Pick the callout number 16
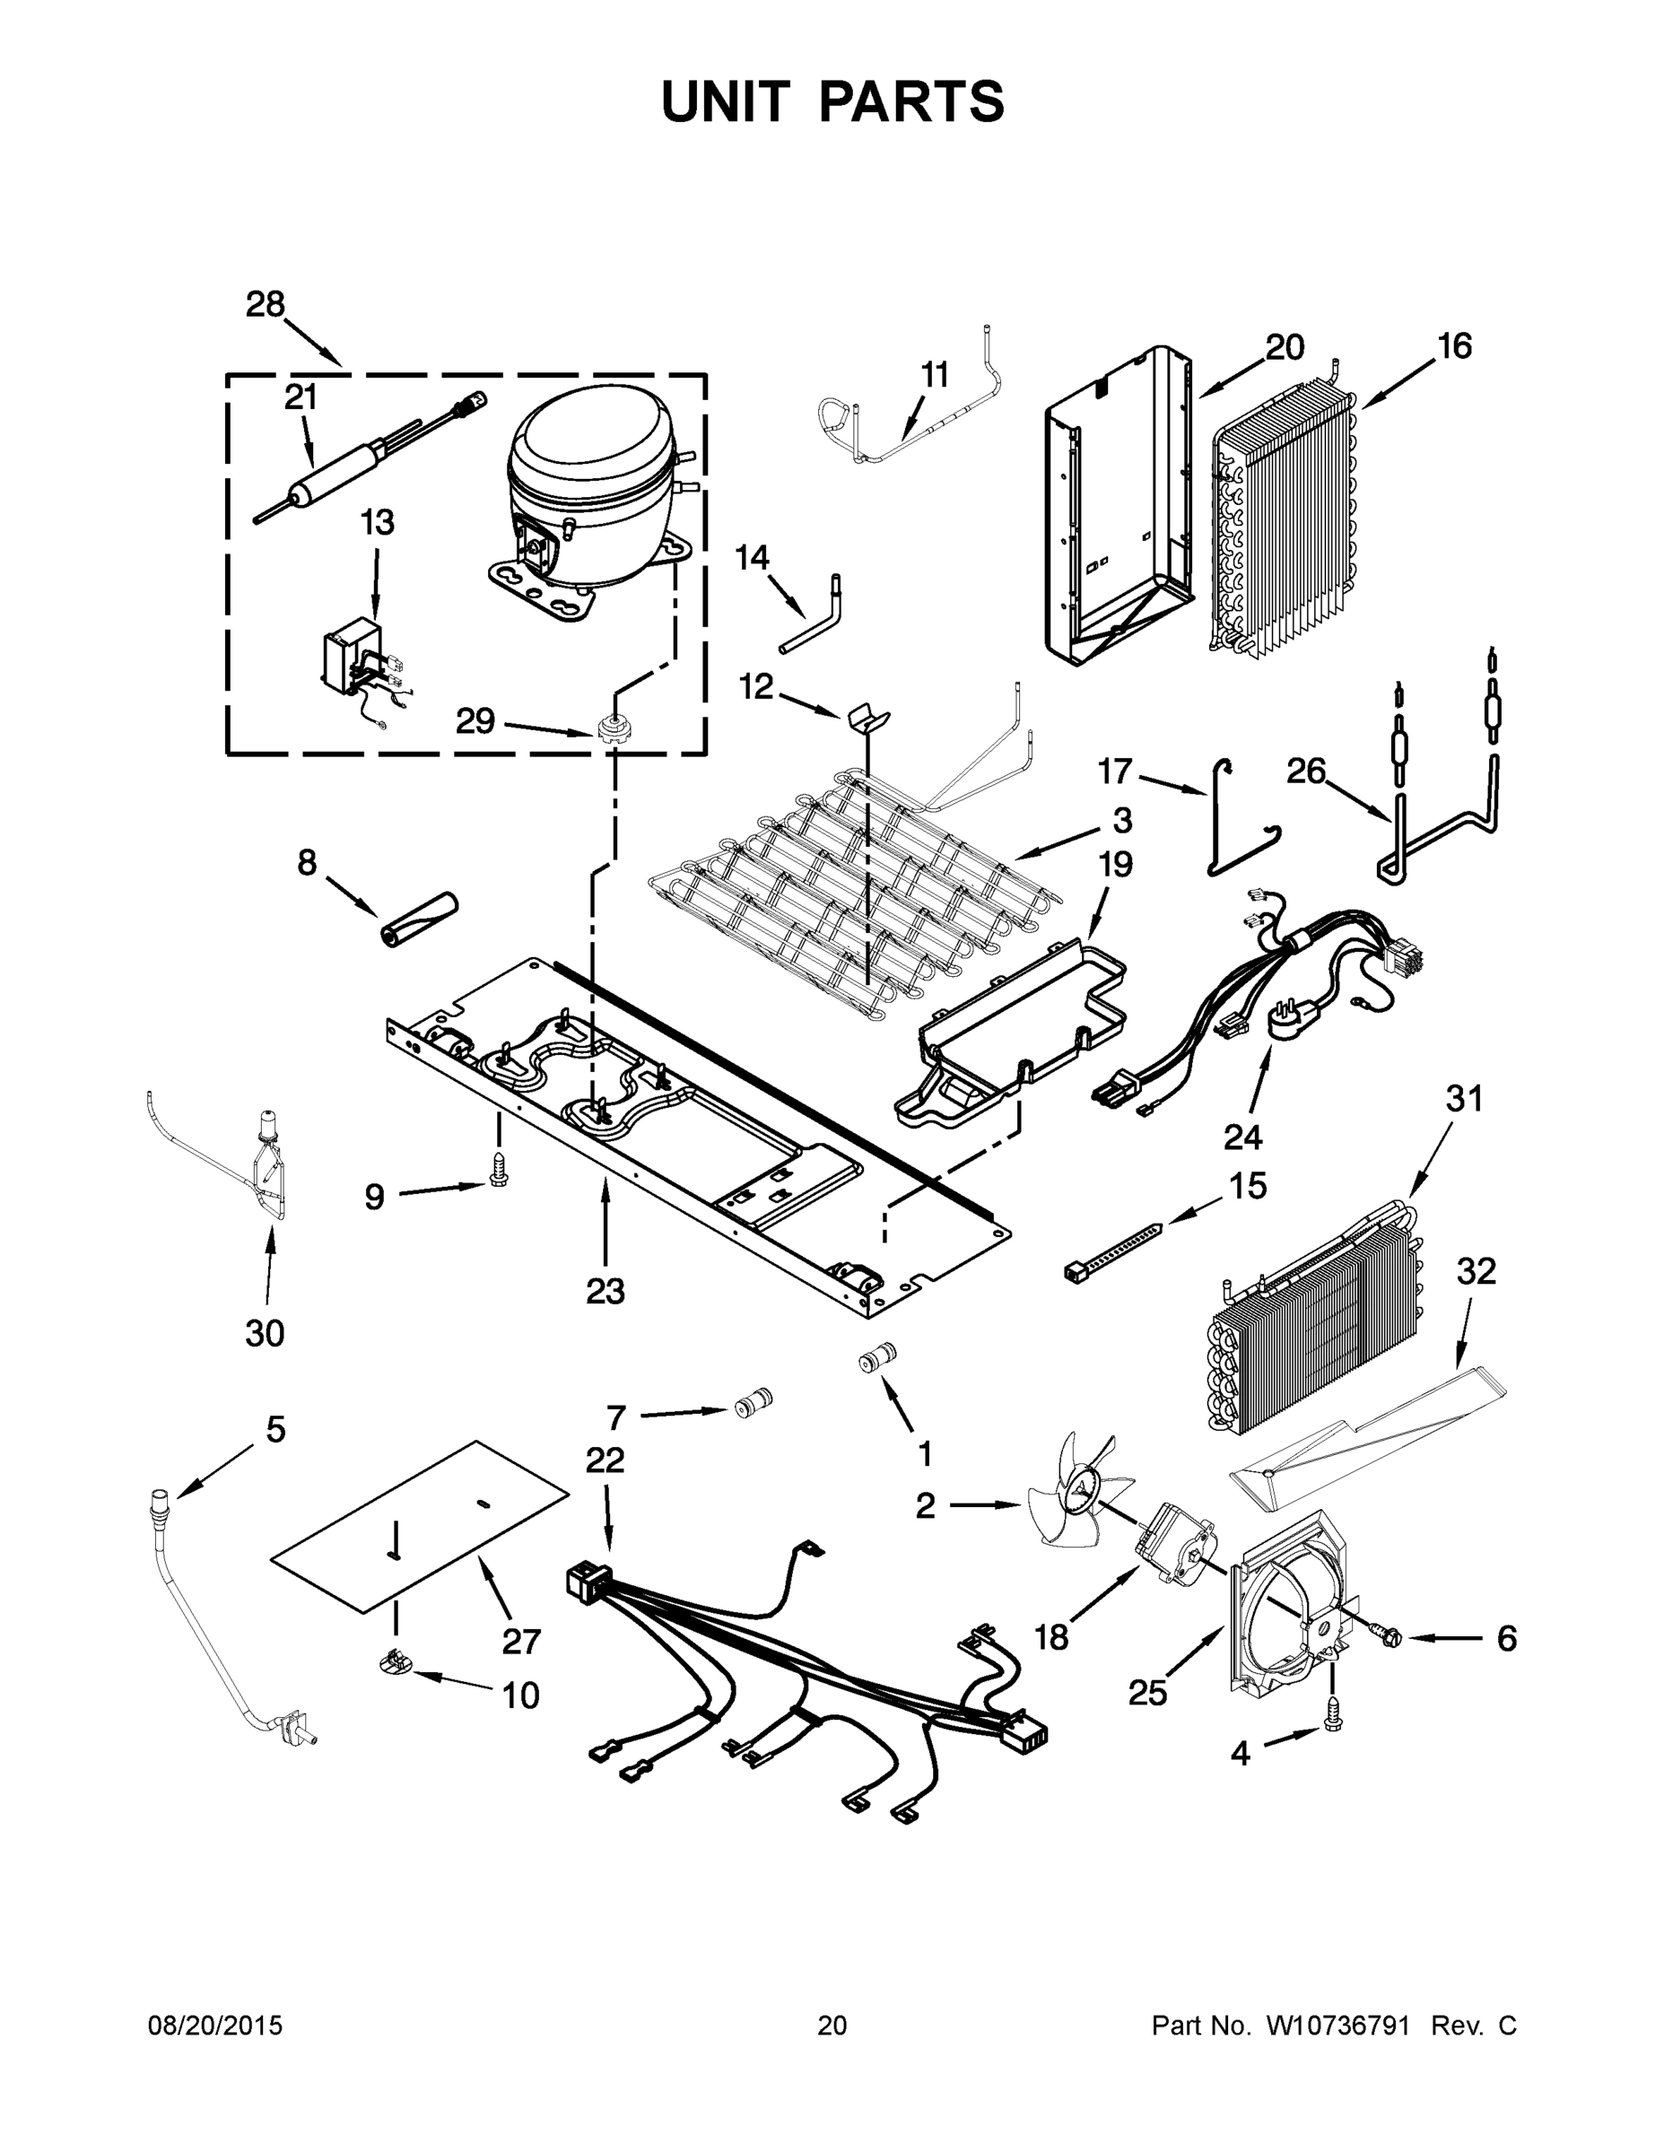point(1454,346)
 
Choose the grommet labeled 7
point(755,1402)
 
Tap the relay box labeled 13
point(357,656)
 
